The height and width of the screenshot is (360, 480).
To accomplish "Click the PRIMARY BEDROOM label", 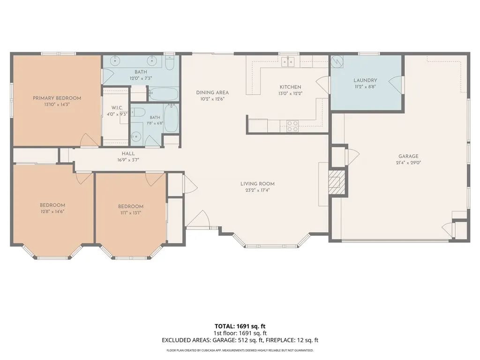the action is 57,98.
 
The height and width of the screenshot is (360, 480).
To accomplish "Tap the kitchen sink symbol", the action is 288,61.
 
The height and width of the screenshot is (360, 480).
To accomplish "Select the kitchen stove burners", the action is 292,126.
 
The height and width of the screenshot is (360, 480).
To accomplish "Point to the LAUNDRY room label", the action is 365,80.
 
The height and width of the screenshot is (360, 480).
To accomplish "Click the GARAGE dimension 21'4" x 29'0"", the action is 408,163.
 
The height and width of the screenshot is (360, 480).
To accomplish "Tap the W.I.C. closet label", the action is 117,108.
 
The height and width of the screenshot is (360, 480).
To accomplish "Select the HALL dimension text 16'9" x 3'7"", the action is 128,160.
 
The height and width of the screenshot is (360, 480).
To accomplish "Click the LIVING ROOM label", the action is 257,184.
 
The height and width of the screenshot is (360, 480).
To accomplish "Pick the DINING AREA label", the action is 212,92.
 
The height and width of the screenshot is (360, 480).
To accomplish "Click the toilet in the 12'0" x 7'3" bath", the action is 169,62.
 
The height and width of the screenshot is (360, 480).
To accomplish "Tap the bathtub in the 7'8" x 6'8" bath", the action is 171,118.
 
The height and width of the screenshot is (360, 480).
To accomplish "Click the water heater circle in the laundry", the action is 337,61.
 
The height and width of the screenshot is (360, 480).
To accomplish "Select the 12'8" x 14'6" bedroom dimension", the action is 52,211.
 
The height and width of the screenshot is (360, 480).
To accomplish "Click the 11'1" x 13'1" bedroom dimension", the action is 131,213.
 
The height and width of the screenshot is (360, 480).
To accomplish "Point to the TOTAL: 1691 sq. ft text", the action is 240,326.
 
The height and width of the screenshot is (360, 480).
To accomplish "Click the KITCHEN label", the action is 291,87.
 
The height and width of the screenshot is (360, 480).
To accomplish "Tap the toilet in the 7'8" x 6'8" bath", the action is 138,112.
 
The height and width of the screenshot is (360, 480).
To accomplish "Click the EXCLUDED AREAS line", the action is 240,340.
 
